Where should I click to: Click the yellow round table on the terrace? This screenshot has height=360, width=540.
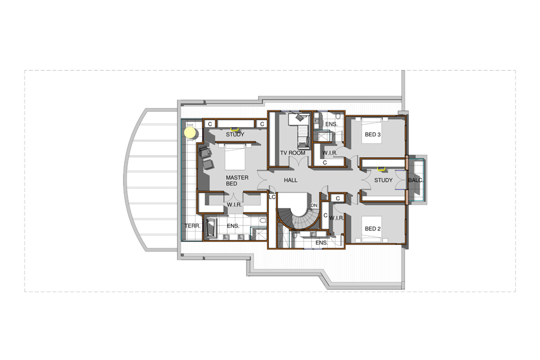[190, 133]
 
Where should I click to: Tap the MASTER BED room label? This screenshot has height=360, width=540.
[237, 181]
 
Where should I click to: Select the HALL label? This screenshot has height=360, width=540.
[290, 180]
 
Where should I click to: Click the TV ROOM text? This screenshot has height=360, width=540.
[292, 153]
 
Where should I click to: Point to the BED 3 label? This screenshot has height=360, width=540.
[373, 134]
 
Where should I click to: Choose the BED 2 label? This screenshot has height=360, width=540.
[373, 229]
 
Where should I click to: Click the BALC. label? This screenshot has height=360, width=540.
[415, 180]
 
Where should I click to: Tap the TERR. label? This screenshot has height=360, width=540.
[192, 226]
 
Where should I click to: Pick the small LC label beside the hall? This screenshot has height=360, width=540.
[272, 197]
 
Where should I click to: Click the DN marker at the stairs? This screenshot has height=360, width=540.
[314, 205]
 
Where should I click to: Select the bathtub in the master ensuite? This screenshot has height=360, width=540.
[211, 227]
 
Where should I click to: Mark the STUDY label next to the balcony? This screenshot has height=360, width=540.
[383, 180]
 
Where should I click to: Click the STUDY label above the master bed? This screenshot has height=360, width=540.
[235, 134]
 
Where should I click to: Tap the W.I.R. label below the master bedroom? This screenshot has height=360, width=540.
[234, 205]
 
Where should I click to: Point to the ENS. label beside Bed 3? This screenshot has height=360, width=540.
[331, 124]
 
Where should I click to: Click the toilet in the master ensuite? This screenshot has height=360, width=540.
[263, 220]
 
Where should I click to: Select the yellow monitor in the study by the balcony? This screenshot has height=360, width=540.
[381, 169]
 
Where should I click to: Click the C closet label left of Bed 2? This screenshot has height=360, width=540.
[325, 215]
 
